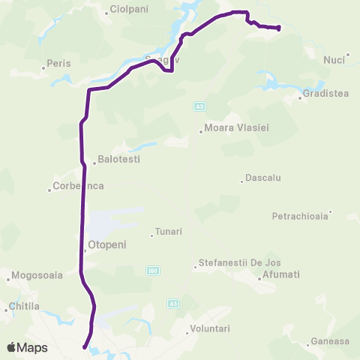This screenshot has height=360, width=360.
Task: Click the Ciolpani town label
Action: tap(130, 10)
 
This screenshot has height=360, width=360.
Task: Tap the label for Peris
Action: tap(58, 64)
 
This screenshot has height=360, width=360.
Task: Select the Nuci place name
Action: tap(334, 60)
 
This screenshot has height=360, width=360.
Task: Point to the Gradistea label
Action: tap(328, 94)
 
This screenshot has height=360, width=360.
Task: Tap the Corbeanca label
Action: tap(79, 186)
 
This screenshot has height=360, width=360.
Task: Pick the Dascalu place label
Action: tap(262, 178)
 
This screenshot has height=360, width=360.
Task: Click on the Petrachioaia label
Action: tap(300, 216)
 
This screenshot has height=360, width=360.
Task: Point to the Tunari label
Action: tap(168, 232)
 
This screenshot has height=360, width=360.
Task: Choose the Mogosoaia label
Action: tap(37, 275)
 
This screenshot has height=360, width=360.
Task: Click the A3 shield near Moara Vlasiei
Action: tap(199, 107)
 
